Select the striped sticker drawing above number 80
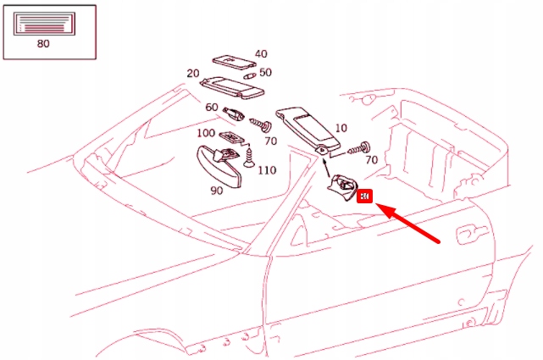(x=45, y=25)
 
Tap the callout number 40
(x=261, y=54)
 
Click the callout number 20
(x=192, y=73)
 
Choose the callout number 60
(x=211, y=108)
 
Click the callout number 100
(x=206, y=134)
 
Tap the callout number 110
(x=267, y=170)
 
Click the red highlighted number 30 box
(x=365, y=197)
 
